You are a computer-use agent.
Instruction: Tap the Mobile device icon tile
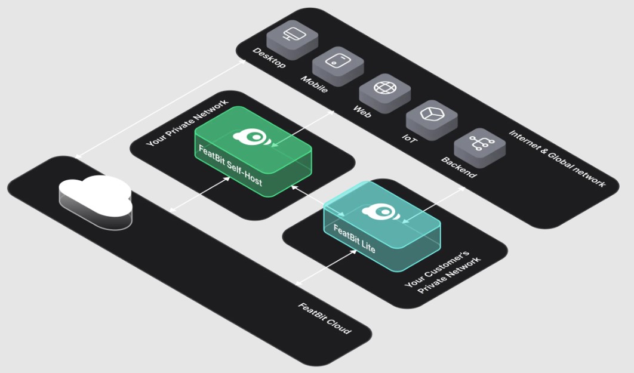[x=338, y=63]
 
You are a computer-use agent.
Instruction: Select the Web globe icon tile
[x=384, y=89]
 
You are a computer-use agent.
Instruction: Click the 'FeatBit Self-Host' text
[x=230, y=165]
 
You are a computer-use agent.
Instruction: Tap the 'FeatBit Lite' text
[x=354, y=238]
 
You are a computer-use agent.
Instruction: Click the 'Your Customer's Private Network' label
[x=443, y=272]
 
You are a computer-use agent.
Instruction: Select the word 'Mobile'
[x=314, y=84]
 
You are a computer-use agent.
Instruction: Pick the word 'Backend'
[x=458, y=168]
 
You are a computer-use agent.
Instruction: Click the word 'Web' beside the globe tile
[x=362, y=110]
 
